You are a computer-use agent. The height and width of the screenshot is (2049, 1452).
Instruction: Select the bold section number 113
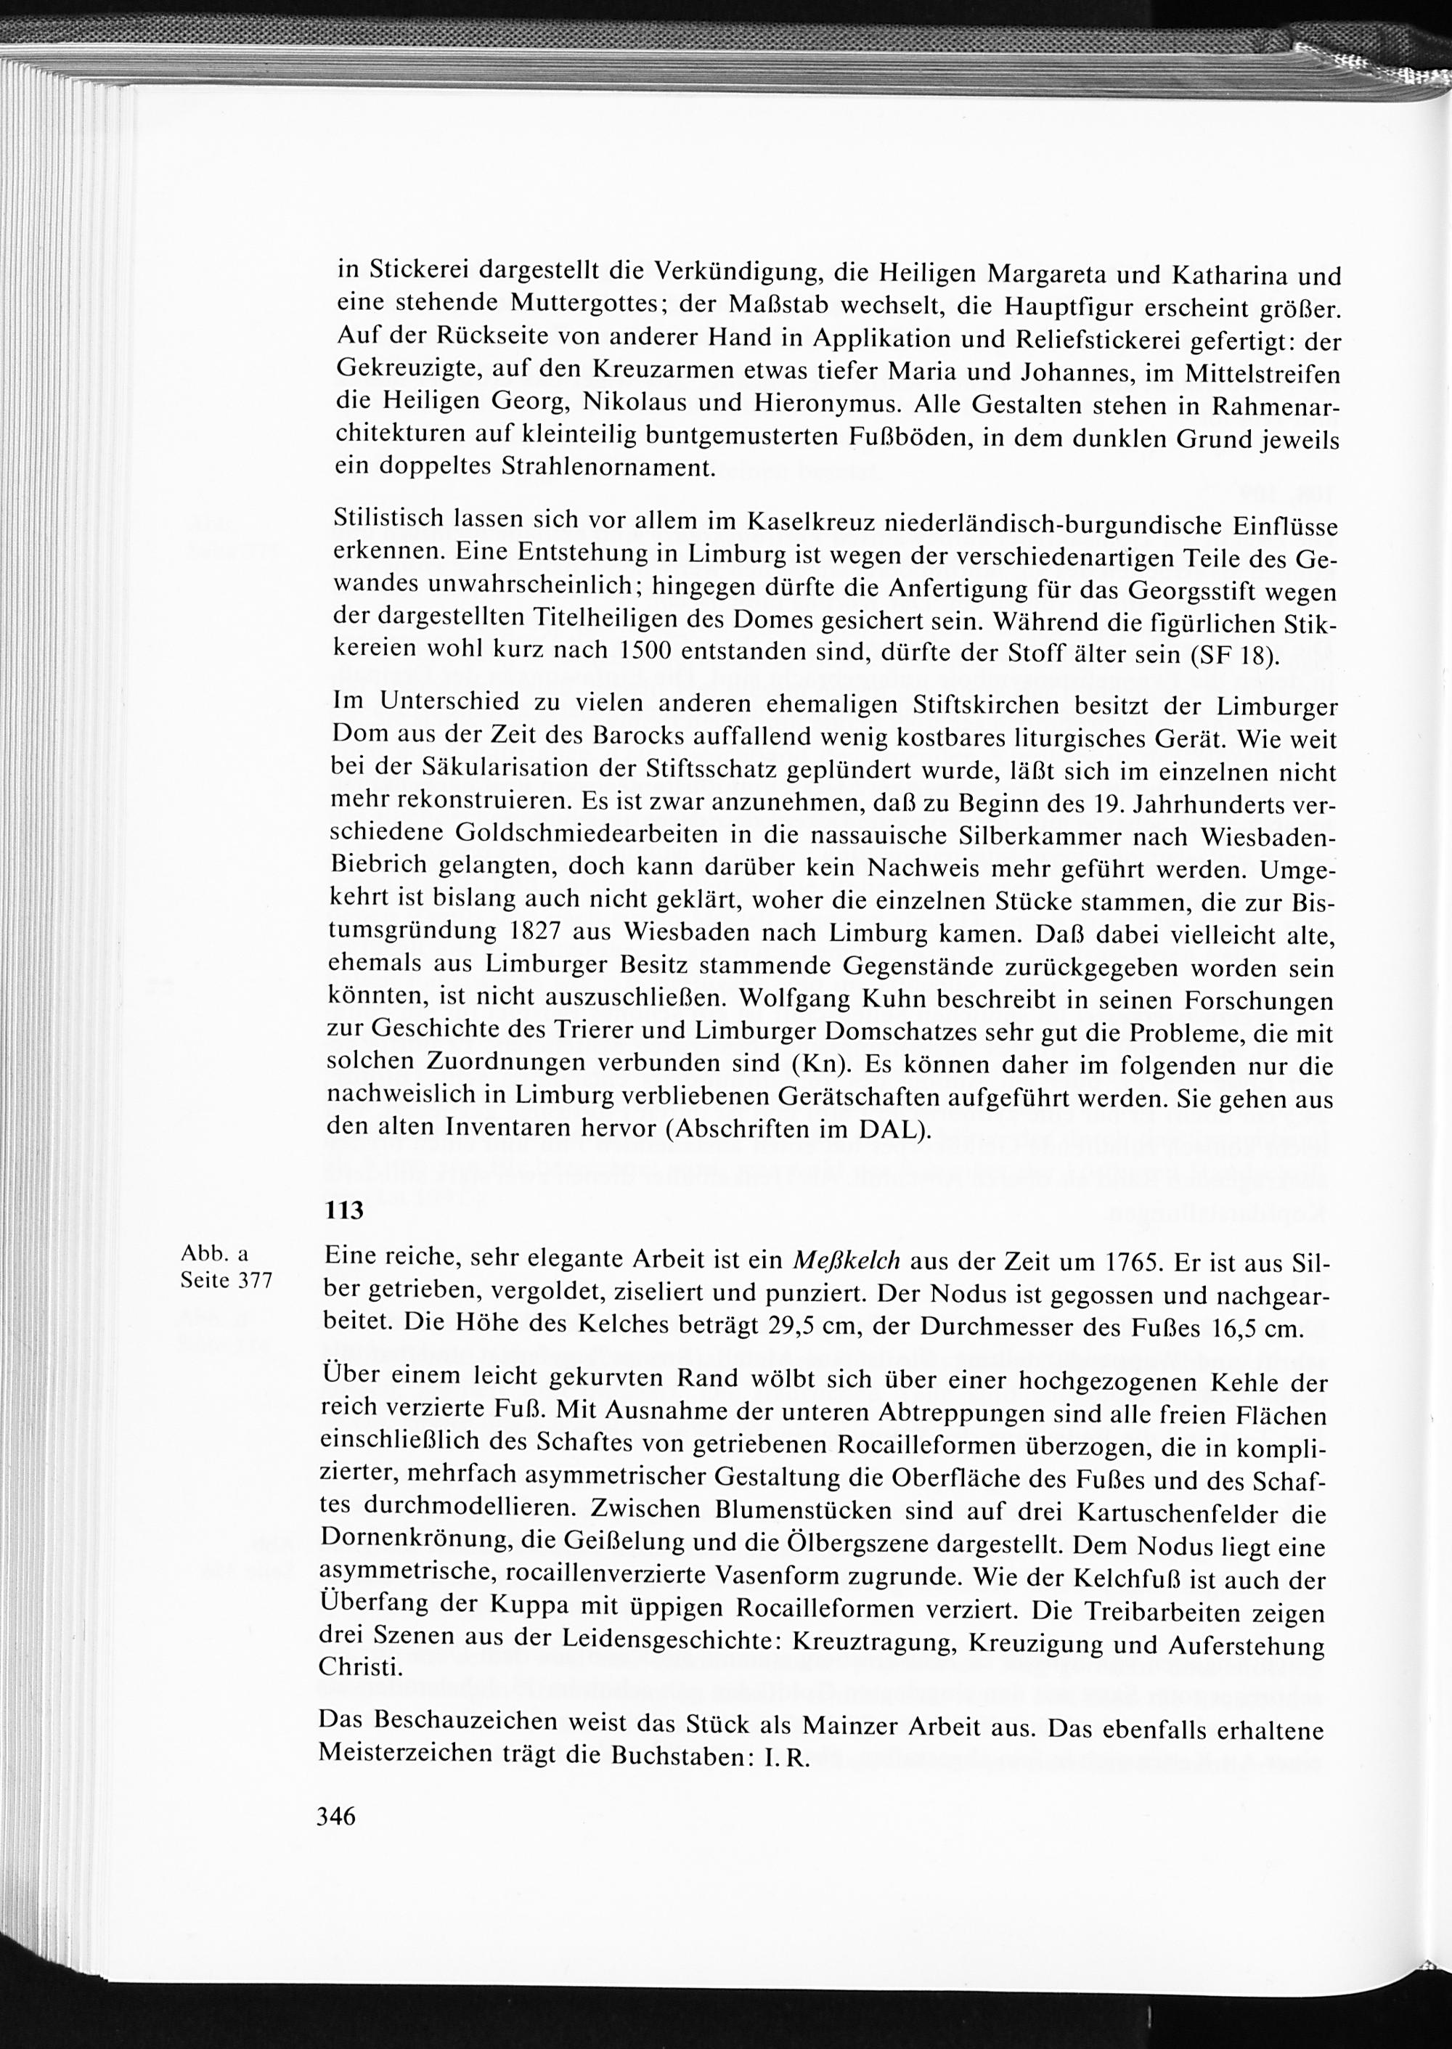(x=343, y=1210)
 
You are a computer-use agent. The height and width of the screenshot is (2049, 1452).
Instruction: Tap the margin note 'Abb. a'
(x=215, y=1254)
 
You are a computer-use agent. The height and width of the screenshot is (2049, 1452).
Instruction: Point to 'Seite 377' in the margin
(x=227, y=1280)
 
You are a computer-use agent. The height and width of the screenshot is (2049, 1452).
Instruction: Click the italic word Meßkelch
(x=845, y=1260)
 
